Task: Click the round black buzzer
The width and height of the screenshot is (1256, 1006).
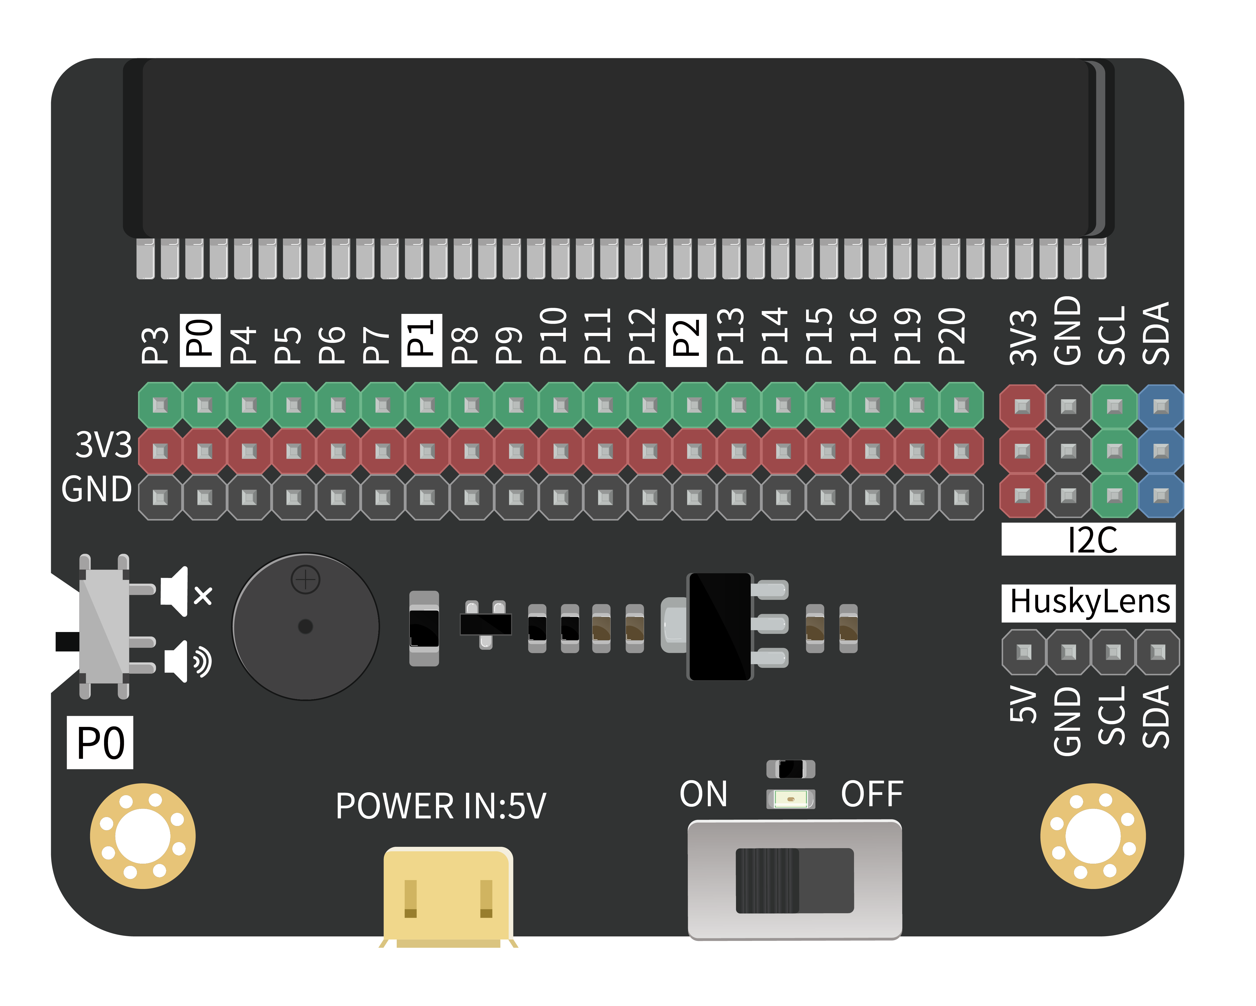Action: [x=306, y=626]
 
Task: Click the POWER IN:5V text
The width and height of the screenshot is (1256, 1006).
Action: [x=441, y=806]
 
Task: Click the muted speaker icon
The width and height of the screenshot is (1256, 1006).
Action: [x=187, y=592]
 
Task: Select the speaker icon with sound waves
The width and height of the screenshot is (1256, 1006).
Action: [x=188, y=661]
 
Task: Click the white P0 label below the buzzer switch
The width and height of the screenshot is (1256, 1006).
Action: [x=100, y=742]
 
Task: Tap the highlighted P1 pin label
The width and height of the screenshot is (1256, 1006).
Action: [x=422, y=340]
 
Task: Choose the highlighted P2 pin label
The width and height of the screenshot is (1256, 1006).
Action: [x=686, y=340]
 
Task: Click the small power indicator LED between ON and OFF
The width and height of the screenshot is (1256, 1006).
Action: [x=791, y=799]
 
